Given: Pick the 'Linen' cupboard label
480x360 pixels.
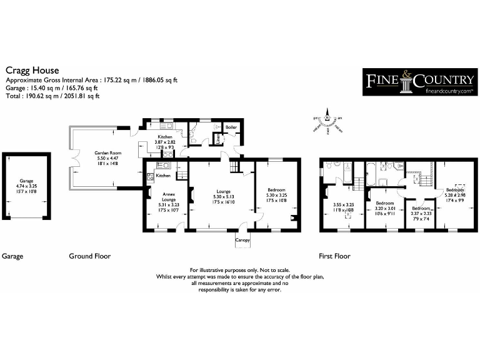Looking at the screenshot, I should pos(217,140).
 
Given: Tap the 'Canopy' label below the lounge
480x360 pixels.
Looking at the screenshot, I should pos(242,240).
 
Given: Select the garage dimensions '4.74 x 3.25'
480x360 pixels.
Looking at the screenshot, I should pos(25,185).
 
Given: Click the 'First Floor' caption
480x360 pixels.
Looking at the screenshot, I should pos(334,256).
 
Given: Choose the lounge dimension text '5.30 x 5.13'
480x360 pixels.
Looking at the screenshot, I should pos(223,197).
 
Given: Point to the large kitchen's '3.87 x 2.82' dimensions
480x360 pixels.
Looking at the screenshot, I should pos(165,142).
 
